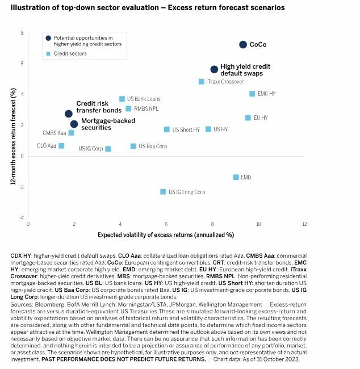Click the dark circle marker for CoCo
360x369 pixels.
point(243,44)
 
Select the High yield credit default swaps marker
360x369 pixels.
point(214,69)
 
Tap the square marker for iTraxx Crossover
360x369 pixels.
point(201,82)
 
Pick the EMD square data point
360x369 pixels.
point(236,177)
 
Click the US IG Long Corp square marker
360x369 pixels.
point(163,192)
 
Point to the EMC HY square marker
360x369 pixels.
point(252,94)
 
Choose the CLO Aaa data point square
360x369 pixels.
point(61,146)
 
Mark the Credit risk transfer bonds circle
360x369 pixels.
point(69,114)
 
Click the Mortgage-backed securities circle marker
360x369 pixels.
point(74,124)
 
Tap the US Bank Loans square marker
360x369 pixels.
point(122,99)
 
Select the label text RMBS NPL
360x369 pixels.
point(146,108)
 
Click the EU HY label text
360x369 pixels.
point(260,118)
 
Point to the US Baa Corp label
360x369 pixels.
point(153,146)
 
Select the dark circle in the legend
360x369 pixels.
point(48,37)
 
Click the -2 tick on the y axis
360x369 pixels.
point(22,187)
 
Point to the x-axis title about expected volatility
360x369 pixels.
point(165,234)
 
